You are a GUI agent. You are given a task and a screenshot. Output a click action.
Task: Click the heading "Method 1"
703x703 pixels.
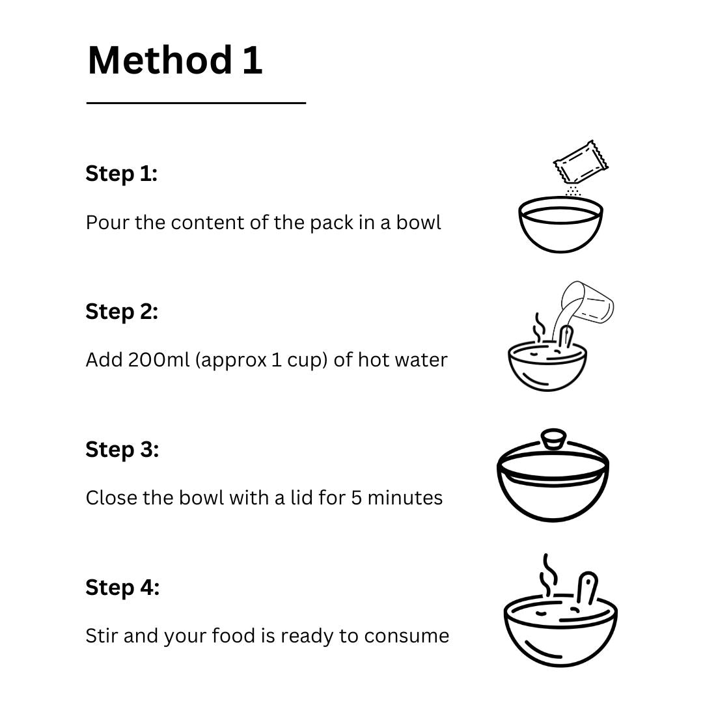click(175, 60)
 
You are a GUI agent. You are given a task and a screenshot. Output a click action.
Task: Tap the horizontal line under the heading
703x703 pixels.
click(196, 103)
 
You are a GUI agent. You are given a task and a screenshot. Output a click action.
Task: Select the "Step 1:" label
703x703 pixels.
click(122, 174)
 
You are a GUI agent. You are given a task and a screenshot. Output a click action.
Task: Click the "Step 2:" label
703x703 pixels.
click(122, 312)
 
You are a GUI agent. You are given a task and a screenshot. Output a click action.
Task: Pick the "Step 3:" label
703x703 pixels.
click(122, 450)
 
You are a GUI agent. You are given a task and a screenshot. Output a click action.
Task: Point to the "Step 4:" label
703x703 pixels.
click(122, 587)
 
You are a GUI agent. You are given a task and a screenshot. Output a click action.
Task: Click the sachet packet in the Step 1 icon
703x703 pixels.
click(581, 162)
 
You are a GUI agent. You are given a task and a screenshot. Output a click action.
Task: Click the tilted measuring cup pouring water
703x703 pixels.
click(587, 303)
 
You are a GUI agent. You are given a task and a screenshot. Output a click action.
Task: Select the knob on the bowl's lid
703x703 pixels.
click(553, 439)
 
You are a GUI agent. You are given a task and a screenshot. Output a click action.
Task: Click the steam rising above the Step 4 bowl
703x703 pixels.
click(548, 575)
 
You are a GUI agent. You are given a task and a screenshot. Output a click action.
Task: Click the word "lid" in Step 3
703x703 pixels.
click(301, 497)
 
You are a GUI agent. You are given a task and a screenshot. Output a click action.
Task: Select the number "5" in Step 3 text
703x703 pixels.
click(357, 498)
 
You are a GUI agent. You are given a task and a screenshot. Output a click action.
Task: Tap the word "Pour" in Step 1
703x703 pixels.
click(107, 223)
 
